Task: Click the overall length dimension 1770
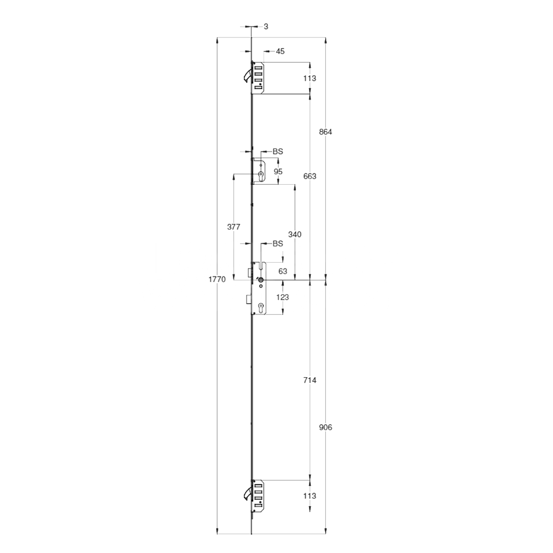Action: pos(217,280)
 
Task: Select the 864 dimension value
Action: pos(326,132)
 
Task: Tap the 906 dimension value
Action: pos(326,427)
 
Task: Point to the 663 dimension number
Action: pos(310,176)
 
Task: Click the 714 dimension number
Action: pos(310,380)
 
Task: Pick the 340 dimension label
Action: pos(295,234)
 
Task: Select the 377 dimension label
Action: pos(234,227)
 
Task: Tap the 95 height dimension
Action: pos(278,171)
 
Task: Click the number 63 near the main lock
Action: pos(283,271)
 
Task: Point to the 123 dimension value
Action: pos(283,297)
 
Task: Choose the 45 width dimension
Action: pos(280,51)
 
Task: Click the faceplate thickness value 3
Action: pos(266,27)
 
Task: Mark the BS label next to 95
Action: pos(278,151)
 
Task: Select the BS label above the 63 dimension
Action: pos(278,243)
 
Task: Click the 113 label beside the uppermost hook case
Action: pos(310,79)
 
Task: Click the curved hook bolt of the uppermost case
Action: pos(247,75)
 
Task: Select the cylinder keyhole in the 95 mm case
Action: pos(259,175)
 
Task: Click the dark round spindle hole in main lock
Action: pos(260,281)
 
